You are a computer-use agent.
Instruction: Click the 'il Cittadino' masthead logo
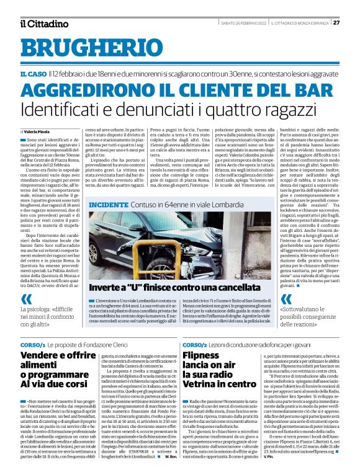click(x=43, y=24)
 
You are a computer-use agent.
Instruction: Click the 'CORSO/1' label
click(x=32, y=344)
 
